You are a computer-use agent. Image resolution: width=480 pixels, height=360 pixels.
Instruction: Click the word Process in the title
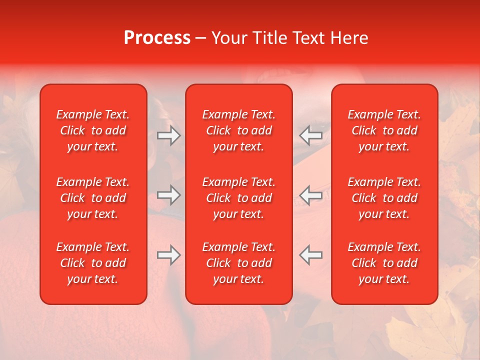[x=157, y=38]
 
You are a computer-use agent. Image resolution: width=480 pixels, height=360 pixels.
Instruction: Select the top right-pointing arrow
[x=168, y=135]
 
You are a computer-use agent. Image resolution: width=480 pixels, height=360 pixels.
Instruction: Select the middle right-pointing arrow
[x=168, y=195]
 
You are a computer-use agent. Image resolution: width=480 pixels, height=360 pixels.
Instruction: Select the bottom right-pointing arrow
[x=168, y=255]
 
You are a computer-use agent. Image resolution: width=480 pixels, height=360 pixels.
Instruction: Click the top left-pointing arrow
[x=311, y=135]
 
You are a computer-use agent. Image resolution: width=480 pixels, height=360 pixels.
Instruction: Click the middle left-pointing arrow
[x=311, y=195]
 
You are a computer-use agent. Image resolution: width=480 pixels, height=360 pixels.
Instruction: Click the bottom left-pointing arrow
[x=311, y=255]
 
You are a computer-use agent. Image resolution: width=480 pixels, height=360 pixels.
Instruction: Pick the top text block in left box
[x=93, y=130]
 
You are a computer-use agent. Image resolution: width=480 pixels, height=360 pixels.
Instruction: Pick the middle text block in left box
[x=93, y=198]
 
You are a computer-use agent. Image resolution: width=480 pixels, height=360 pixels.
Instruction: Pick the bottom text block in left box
[x=93, y=263]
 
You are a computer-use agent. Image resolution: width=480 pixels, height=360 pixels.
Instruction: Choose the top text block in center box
[x=238, y=130]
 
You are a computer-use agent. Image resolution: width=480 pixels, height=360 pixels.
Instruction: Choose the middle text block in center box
[x=238, y=198]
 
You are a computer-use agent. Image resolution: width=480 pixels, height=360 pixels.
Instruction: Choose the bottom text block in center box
[x=238, y=263]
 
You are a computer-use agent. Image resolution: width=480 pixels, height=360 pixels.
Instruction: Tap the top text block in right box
[x=384, y=130]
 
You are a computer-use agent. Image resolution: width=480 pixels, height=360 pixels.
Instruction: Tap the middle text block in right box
[x=384, y=198]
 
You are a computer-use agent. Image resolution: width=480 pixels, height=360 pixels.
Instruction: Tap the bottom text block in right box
[x=384, y=263]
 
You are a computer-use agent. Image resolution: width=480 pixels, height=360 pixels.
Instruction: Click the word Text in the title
[x=307, y=38]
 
